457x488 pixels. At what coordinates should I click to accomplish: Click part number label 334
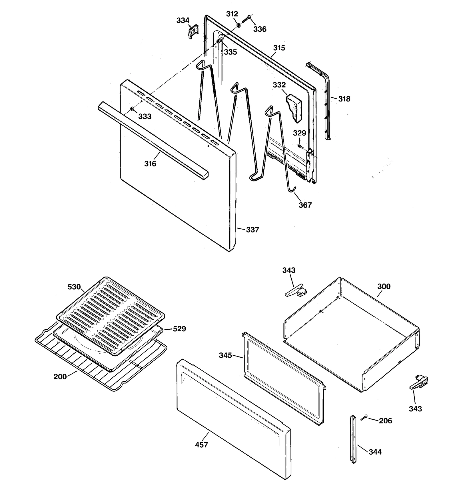[x=183, y=21]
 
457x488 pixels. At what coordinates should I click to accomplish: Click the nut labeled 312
[x=238, y=25]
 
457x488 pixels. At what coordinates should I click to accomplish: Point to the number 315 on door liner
[x=279, y=48]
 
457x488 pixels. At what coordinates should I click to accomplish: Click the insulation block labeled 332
[x=294, y=108]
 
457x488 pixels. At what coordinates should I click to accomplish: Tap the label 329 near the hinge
[x=299, y=133]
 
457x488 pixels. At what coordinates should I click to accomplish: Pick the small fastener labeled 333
[x=132, y=109]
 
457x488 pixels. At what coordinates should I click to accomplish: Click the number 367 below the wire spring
[x=305, y=205]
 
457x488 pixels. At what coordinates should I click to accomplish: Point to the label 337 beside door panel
[x=252, y=230]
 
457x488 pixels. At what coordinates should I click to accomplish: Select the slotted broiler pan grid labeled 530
[x=111, y=314]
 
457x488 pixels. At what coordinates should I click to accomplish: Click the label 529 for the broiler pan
[x=179, y=329]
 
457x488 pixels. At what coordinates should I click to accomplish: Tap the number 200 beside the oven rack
[x=60, y=377]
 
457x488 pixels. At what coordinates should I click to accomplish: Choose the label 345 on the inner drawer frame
[x=225, y=355]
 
